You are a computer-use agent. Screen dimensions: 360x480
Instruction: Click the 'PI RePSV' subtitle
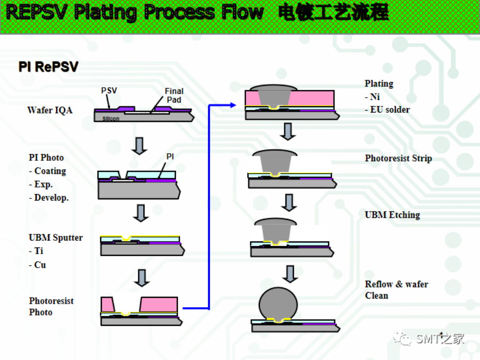[x=48, y=67]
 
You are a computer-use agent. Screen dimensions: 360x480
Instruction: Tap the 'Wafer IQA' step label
[x=50, y=111]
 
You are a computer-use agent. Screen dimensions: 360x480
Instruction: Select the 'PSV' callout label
[x=109, y=90]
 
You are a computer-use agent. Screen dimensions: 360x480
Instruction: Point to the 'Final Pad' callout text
[x=174, y=96]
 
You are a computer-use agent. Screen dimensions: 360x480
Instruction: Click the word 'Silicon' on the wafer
[x=111, y=119]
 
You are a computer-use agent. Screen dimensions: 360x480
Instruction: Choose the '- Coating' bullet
[x=47, y=171]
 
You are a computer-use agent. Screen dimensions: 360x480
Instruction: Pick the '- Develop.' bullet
[x=49, y=198]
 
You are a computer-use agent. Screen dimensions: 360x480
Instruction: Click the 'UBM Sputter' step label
[x=56, y=238]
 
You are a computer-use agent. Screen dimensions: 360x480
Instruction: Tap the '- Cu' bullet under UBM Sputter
[x=37, y=265]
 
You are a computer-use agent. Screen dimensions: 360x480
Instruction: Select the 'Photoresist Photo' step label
[x=51, y=307]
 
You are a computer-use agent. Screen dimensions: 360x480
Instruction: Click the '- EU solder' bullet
[x=387, y=110]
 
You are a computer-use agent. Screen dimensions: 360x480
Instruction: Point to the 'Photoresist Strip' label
[x=398, y=158]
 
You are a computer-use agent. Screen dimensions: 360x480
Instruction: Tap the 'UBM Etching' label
[x=392, y=215]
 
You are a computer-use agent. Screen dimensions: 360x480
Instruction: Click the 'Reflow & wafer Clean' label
[x=397, y=290]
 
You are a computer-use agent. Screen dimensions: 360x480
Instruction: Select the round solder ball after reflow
[x=278, y=303]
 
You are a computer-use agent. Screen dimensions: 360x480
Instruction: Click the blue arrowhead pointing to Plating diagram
[x=233, y=105]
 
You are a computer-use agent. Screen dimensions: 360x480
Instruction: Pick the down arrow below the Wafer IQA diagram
[x=139, y=145]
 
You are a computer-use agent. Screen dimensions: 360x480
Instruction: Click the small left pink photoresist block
[x=107, y=305]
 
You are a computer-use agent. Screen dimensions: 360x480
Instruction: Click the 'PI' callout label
[x=170, y=157]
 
